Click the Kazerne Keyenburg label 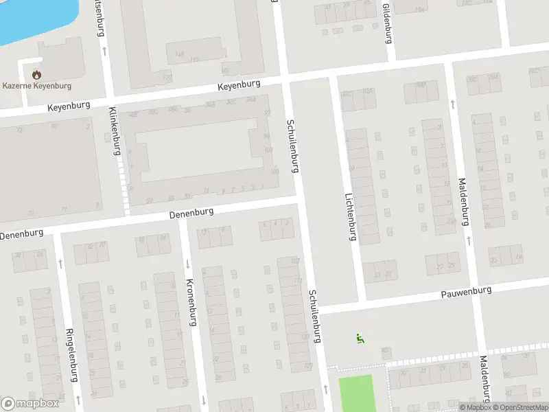[37, 86]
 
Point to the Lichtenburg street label [351, 216]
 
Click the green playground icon [359, 338]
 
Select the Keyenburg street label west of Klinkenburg [69, 108]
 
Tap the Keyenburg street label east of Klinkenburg [240, 86]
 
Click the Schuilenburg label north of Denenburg [293, 145]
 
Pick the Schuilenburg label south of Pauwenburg [315, 315]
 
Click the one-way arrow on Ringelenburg [60, 263]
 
